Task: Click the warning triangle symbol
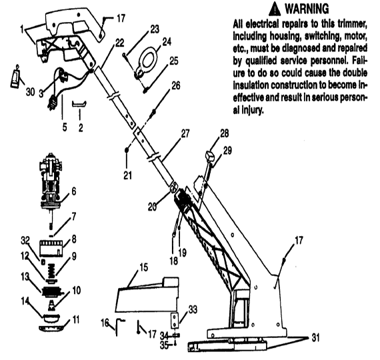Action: pos(275,9)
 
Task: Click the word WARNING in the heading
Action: pos(307,9)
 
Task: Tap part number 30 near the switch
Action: pos(30,92)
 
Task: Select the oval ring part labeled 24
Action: pos(147,59)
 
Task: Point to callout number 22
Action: pos(119,43)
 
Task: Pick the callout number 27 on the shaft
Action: pos(185,133)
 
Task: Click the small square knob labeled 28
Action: pos(209,155)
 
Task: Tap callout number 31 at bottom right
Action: pos(315,337)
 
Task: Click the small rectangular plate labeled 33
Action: pos(175,321)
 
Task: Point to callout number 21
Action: pos(127,175)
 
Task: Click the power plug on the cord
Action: pos(53,103)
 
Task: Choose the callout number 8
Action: pos(74,239)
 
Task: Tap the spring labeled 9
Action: pos(51,270)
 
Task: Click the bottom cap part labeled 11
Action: pos(51,328)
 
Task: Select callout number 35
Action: pos(164,345)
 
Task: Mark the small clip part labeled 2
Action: pos(79,103)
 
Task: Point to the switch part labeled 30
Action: pos(15,77)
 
